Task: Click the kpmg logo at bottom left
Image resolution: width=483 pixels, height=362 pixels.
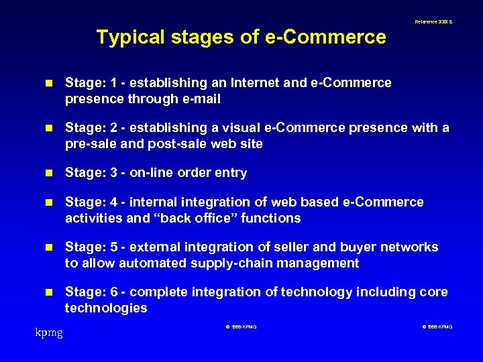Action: pos(49,332)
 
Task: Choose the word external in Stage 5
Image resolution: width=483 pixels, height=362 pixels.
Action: pos(162,247)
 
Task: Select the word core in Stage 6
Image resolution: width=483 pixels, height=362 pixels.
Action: pos(434,292)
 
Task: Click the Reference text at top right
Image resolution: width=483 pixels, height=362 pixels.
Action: pos(433,22)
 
